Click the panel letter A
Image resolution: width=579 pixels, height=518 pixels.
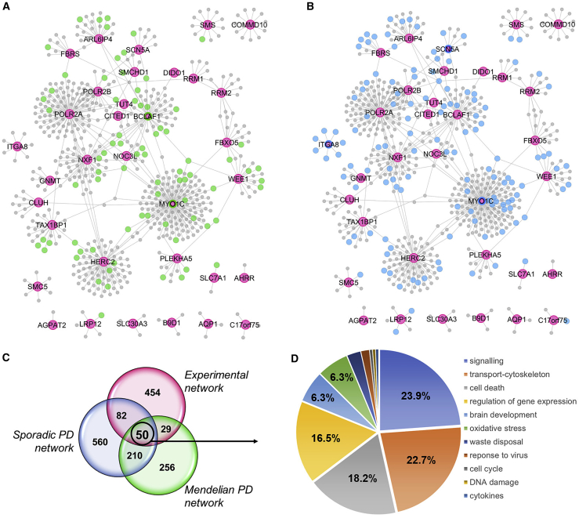point(6,7)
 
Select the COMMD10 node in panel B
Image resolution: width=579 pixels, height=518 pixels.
point(558,25)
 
